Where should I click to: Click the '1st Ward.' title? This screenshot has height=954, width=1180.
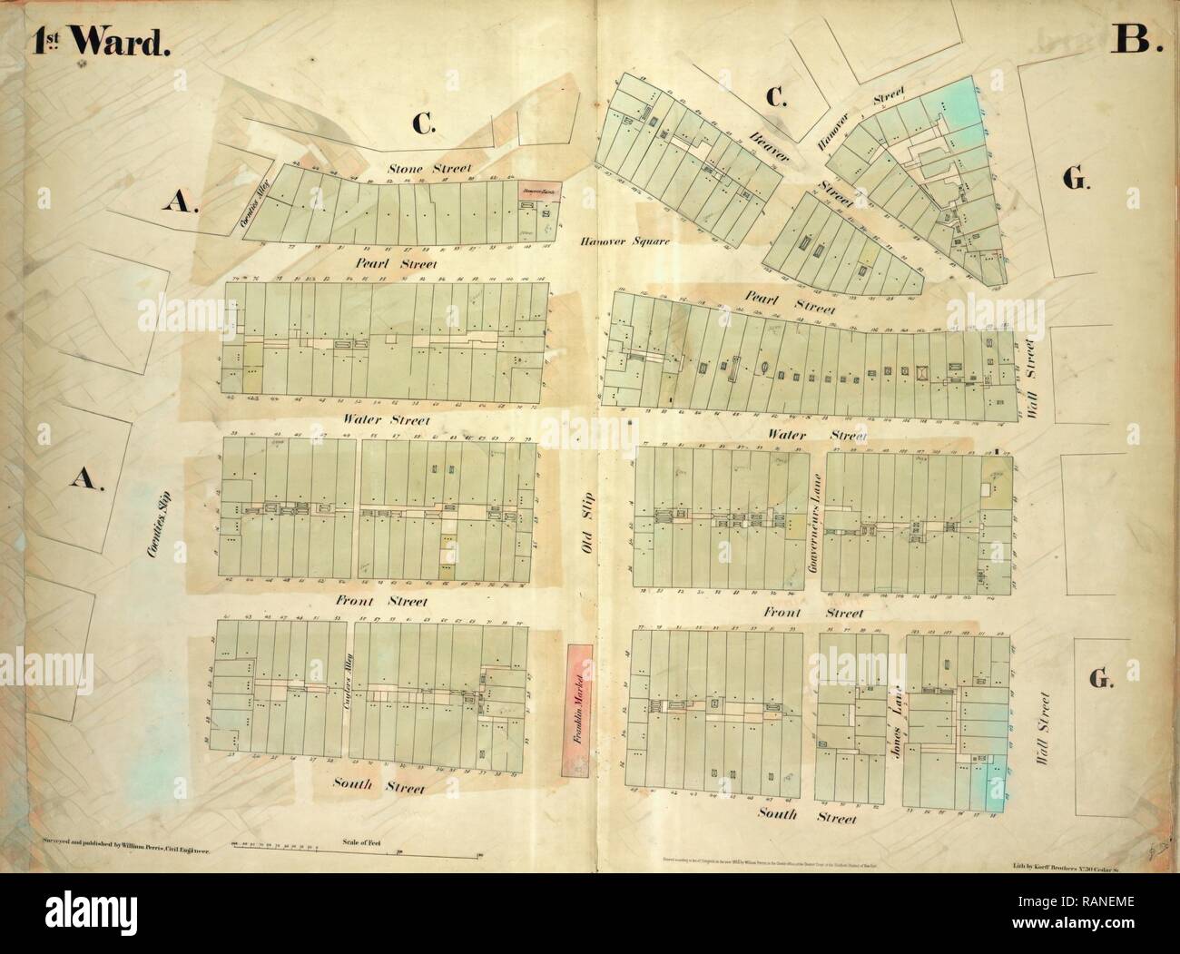click(101, 39)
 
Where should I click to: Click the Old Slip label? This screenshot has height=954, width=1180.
click(586, 514)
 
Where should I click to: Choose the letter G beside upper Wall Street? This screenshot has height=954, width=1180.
click(1076, 181)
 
